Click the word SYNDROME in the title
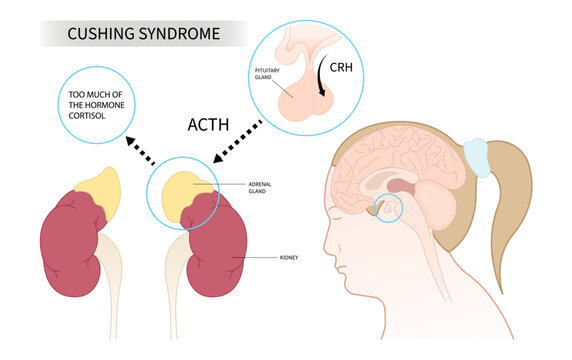coord(179,35)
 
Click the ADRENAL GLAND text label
coord(261,187)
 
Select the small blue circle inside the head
coord(385,208)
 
